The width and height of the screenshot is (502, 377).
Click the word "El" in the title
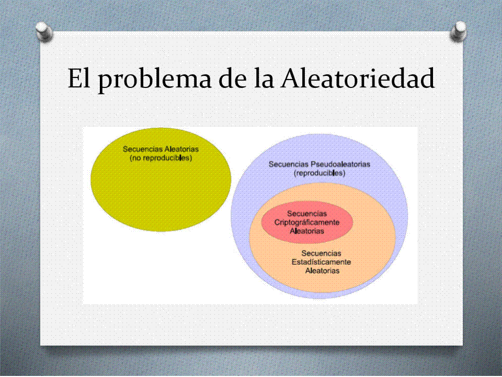click(77, 79)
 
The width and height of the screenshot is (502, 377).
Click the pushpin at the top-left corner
click(44, 31)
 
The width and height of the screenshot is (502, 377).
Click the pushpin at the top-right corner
click(458, 31)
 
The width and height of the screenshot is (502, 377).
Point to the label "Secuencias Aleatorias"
click(161, 149)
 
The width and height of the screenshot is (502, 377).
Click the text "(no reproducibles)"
click(161, 158)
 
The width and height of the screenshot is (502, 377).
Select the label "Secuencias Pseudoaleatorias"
click(320, 164)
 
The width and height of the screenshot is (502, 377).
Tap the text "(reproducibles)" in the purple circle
click(320, 173)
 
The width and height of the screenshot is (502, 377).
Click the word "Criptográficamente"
click(307, 223)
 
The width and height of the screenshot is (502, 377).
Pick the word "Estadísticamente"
click(321, 262)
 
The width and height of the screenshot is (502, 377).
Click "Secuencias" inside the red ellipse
click(307, 214)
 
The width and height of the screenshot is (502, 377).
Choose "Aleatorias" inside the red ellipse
click(307, 231)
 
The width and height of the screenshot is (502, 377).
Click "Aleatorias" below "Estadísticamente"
click(322, 271)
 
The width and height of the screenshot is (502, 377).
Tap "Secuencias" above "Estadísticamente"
click(321, 253)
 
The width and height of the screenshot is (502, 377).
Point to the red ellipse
click(307, 223)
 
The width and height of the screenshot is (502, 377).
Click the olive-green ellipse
click(161, 192)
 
